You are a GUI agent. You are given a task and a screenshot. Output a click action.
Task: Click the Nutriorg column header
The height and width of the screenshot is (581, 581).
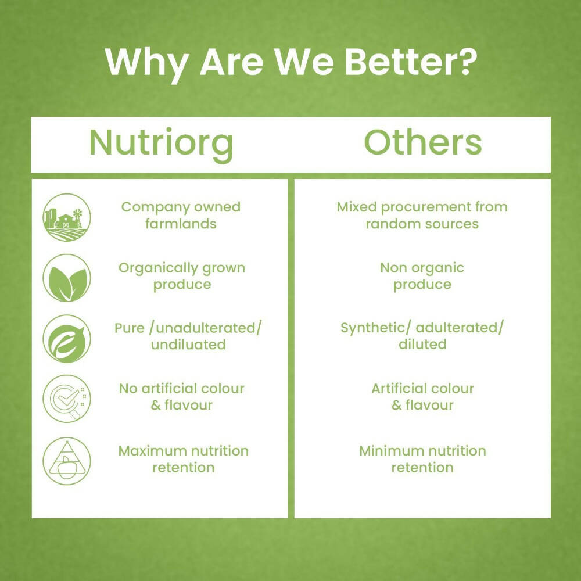pyautogui.click(x=161, y=143)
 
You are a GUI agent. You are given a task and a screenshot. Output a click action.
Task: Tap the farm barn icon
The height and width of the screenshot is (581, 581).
pyautogui.click(x=67, y=217)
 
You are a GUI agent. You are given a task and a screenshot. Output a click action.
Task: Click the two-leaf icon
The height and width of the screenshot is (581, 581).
pyautogui.click(x=67, y=278)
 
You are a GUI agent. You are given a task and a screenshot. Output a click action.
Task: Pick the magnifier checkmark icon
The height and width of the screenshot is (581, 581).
pyautogui.click(x=67, y=398)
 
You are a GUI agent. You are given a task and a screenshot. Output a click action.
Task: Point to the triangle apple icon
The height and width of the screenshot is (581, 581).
pyautogui.click(x=67, y=461)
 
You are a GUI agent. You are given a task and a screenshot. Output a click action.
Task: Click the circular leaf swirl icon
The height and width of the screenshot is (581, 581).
pyautogui.click(x=67, y=338)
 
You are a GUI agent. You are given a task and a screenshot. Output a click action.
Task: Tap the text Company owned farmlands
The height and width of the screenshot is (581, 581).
pyautogui.click(x=181, y=215)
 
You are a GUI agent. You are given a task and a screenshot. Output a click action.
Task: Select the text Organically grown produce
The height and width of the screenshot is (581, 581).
pyautogui.click(x=182, y=276)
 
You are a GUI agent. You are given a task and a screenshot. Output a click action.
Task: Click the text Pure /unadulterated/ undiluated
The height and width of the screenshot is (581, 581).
pyautogui.click(x=188, y=336)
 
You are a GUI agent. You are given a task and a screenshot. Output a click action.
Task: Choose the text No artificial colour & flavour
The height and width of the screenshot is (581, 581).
pyautogui.click(x=181, y=396)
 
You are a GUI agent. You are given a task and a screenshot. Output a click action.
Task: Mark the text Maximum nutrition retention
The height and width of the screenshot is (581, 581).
pyautogui.click(x=183, y=459)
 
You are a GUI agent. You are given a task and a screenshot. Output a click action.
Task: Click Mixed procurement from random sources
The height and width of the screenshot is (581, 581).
pyautogui.click(x=422, y=215)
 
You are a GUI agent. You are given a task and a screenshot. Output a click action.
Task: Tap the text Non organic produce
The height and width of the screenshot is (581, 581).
pyautogui.click(x=422, y=276)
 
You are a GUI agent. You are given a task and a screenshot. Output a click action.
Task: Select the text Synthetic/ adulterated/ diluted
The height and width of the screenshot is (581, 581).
pyautogui.click(x=422, y=336)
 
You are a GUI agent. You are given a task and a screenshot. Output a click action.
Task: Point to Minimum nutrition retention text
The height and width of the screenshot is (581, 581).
pyautogui.click(x=422, y=459)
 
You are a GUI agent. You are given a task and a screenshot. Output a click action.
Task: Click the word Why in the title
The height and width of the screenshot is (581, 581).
pyautogui.click(x=148, y=62)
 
